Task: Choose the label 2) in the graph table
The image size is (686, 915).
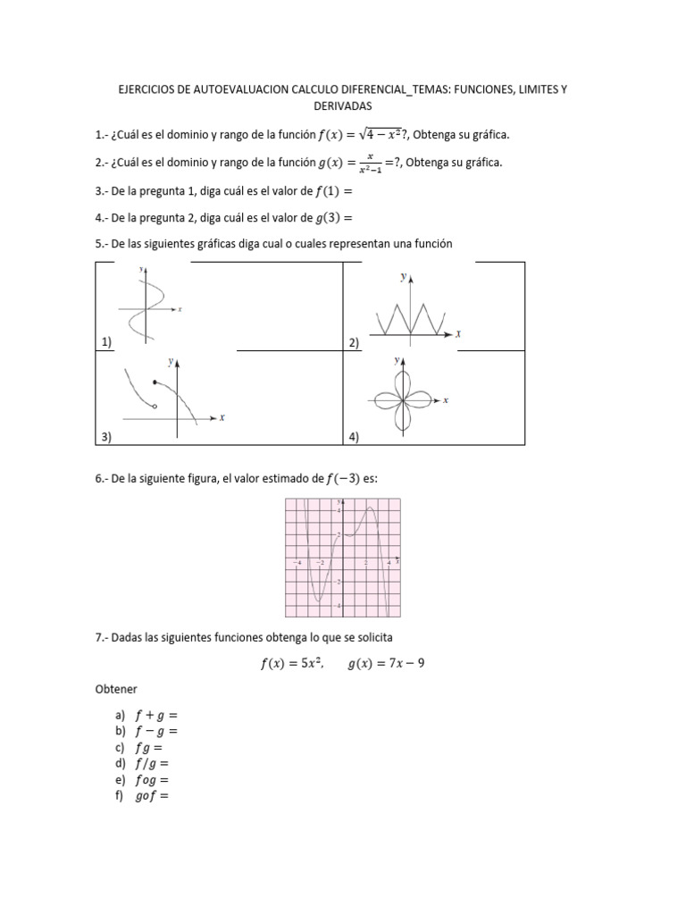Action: point(353,342)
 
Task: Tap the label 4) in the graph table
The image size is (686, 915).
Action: point(353,437)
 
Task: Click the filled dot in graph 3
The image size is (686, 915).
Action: point(155,382)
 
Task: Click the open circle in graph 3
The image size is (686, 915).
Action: point(155,407)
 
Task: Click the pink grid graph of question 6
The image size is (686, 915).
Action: point(342,558)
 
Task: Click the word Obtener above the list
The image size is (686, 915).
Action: point(116,691)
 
